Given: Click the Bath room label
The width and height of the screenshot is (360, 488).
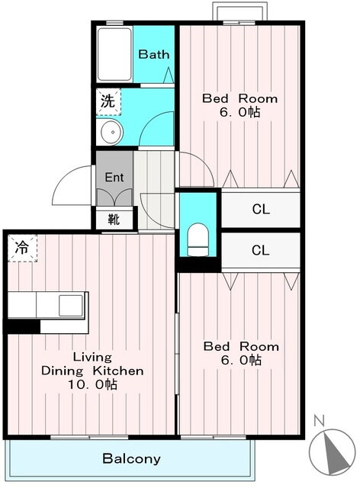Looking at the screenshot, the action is [153, 54].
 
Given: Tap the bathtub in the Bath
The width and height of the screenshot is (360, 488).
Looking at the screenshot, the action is [114, 54].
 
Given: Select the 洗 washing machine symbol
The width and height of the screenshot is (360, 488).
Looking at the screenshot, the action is [108, 101].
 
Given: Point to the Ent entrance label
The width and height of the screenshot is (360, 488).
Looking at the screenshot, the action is [114, 178].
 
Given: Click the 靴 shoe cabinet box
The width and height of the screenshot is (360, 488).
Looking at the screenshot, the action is [114, 220].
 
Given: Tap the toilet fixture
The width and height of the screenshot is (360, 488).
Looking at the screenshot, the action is [198, 239].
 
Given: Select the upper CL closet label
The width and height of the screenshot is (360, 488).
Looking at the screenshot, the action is [261, 210].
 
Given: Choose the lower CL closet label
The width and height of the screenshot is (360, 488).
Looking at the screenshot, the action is [260, 250].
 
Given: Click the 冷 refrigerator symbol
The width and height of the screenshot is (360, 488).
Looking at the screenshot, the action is [22, 248].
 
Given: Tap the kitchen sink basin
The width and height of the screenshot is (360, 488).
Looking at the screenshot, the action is [71, 305].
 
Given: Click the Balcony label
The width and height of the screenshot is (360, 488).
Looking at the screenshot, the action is [131, 458].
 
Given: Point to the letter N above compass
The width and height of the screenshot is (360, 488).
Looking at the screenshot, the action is [319, 421].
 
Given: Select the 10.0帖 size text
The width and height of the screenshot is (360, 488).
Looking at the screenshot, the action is [93, 384].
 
